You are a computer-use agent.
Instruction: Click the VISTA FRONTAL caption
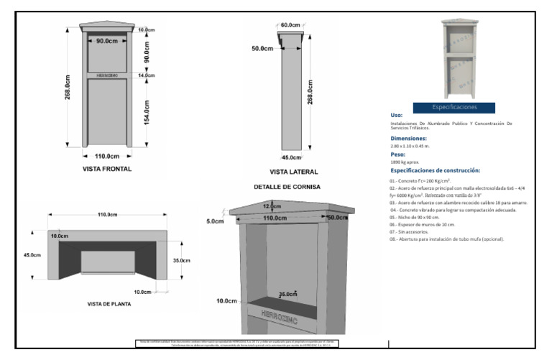[106, 170]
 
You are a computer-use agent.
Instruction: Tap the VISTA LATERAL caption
[293, 172]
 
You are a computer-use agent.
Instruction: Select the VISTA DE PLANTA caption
[109, 304]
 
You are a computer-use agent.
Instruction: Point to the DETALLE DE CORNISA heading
[287, 187]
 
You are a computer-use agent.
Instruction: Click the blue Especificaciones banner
[454, 107]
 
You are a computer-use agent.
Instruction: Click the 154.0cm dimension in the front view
[147, 110]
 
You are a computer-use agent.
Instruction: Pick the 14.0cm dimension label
[147, 75]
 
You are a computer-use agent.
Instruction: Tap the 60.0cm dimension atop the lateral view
[290, 25]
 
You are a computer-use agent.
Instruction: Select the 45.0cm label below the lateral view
[292, 157]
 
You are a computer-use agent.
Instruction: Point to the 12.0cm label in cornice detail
[272, 206]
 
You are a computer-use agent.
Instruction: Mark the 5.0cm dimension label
[215, 221]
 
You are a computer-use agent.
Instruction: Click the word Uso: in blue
[397, 115]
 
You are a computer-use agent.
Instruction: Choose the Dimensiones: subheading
[408, 138]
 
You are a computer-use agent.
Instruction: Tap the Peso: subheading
[397, 154]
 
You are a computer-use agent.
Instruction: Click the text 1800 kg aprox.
[405, 163]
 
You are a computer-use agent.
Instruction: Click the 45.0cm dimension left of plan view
[32, 255]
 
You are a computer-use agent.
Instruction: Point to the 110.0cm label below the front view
[106, 156]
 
